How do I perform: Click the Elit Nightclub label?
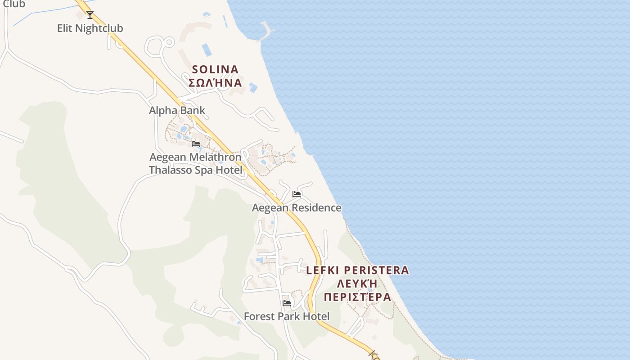[90, 28]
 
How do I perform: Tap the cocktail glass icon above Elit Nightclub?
[90, 15]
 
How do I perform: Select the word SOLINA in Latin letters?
[215, 70]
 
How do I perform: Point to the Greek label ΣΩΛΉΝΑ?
[215, 83]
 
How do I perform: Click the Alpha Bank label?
[177, 110]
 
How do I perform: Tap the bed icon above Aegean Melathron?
[196, 144]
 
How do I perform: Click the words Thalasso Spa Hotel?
[195, 170]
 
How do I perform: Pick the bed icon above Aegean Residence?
[297, 194]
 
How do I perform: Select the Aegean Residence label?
[297, 208]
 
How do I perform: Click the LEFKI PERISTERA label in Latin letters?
[358, 270]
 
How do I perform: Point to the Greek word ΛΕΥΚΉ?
[358, 284]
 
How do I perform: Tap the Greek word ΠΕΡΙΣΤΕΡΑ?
[358, 297]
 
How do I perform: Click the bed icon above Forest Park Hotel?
[287, 303]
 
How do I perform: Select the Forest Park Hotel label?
[287, 316]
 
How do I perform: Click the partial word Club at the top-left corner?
[13, 4]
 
